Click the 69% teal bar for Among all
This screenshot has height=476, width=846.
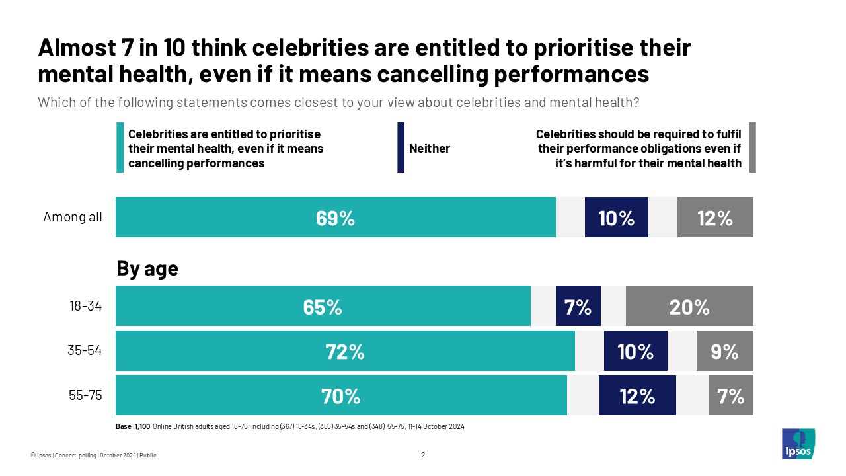tap(336, 217)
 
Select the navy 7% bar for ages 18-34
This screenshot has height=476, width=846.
tap(578, 306)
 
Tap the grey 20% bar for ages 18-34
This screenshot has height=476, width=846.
tap(689, 306)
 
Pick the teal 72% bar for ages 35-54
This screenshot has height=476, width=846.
tap(345, 351)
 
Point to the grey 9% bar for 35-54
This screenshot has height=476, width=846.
tap(724, 351)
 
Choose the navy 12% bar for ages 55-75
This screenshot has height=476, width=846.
tap(637, 395)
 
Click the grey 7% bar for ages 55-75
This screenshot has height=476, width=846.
tap(730, 395)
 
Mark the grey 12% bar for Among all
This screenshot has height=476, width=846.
tap(715, 217)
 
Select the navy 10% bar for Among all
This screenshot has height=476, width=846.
tap(616, 217)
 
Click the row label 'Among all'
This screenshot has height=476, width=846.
tap(73, 217)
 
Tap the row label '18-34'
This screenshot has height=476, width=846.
tap(85, 306)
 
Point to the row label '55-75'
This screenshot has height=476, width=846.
tap(85, 395)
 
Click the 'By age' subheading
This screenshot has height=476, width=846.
tap(147, 269)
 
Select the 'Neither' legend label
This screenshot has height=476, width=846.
tap(430, 149)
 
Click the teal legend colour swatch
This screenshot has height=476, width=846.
tap(120, 147)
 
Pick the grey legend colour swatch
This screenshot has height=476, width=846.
tap(752, 147)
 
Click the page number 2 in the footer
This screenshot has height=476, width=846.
tap(423, 455)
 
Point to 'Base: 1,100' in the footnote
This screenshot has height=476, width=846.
tap(133, 426)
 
